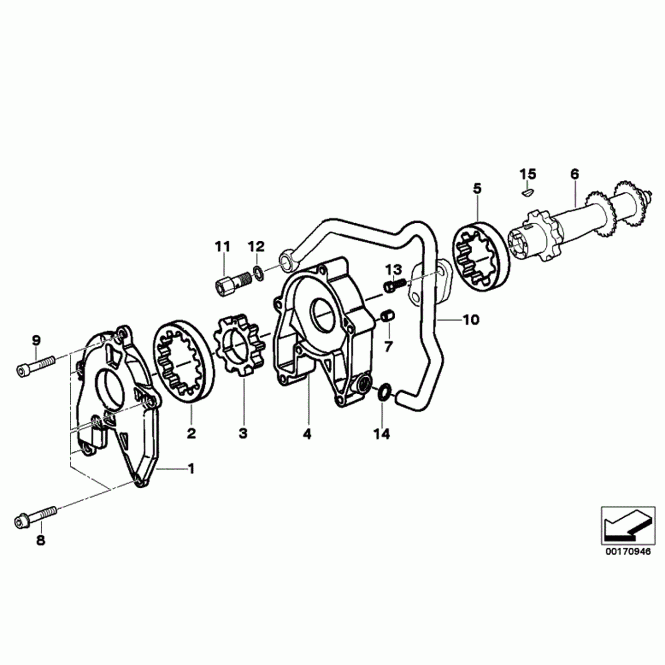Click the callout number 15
coord(527,174)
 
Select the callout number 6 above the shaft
coord(575,174)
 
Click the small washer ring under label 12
coord(258,274)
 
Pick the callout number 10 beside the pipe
coord(471,320)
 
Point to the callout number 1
coord(191,469)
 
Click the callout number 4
coord(307,434)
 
